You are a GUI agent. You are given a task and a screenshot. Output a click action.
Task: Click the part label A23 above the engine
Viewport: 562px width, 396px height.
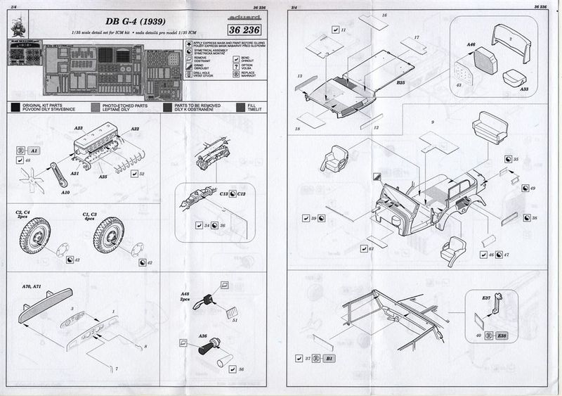pos(79,129)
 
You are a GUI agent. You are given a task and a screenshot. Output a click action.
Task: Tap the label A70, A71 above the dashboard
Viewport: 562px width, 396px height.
pos(32,288)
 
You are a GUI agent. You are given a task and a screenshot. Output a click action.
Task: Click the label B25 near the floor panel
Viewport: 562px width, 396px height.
pos(400,82)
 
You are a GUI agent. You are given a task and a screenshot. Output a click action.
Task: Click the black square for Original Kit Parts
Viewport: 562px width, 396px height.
pos(15,108)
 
